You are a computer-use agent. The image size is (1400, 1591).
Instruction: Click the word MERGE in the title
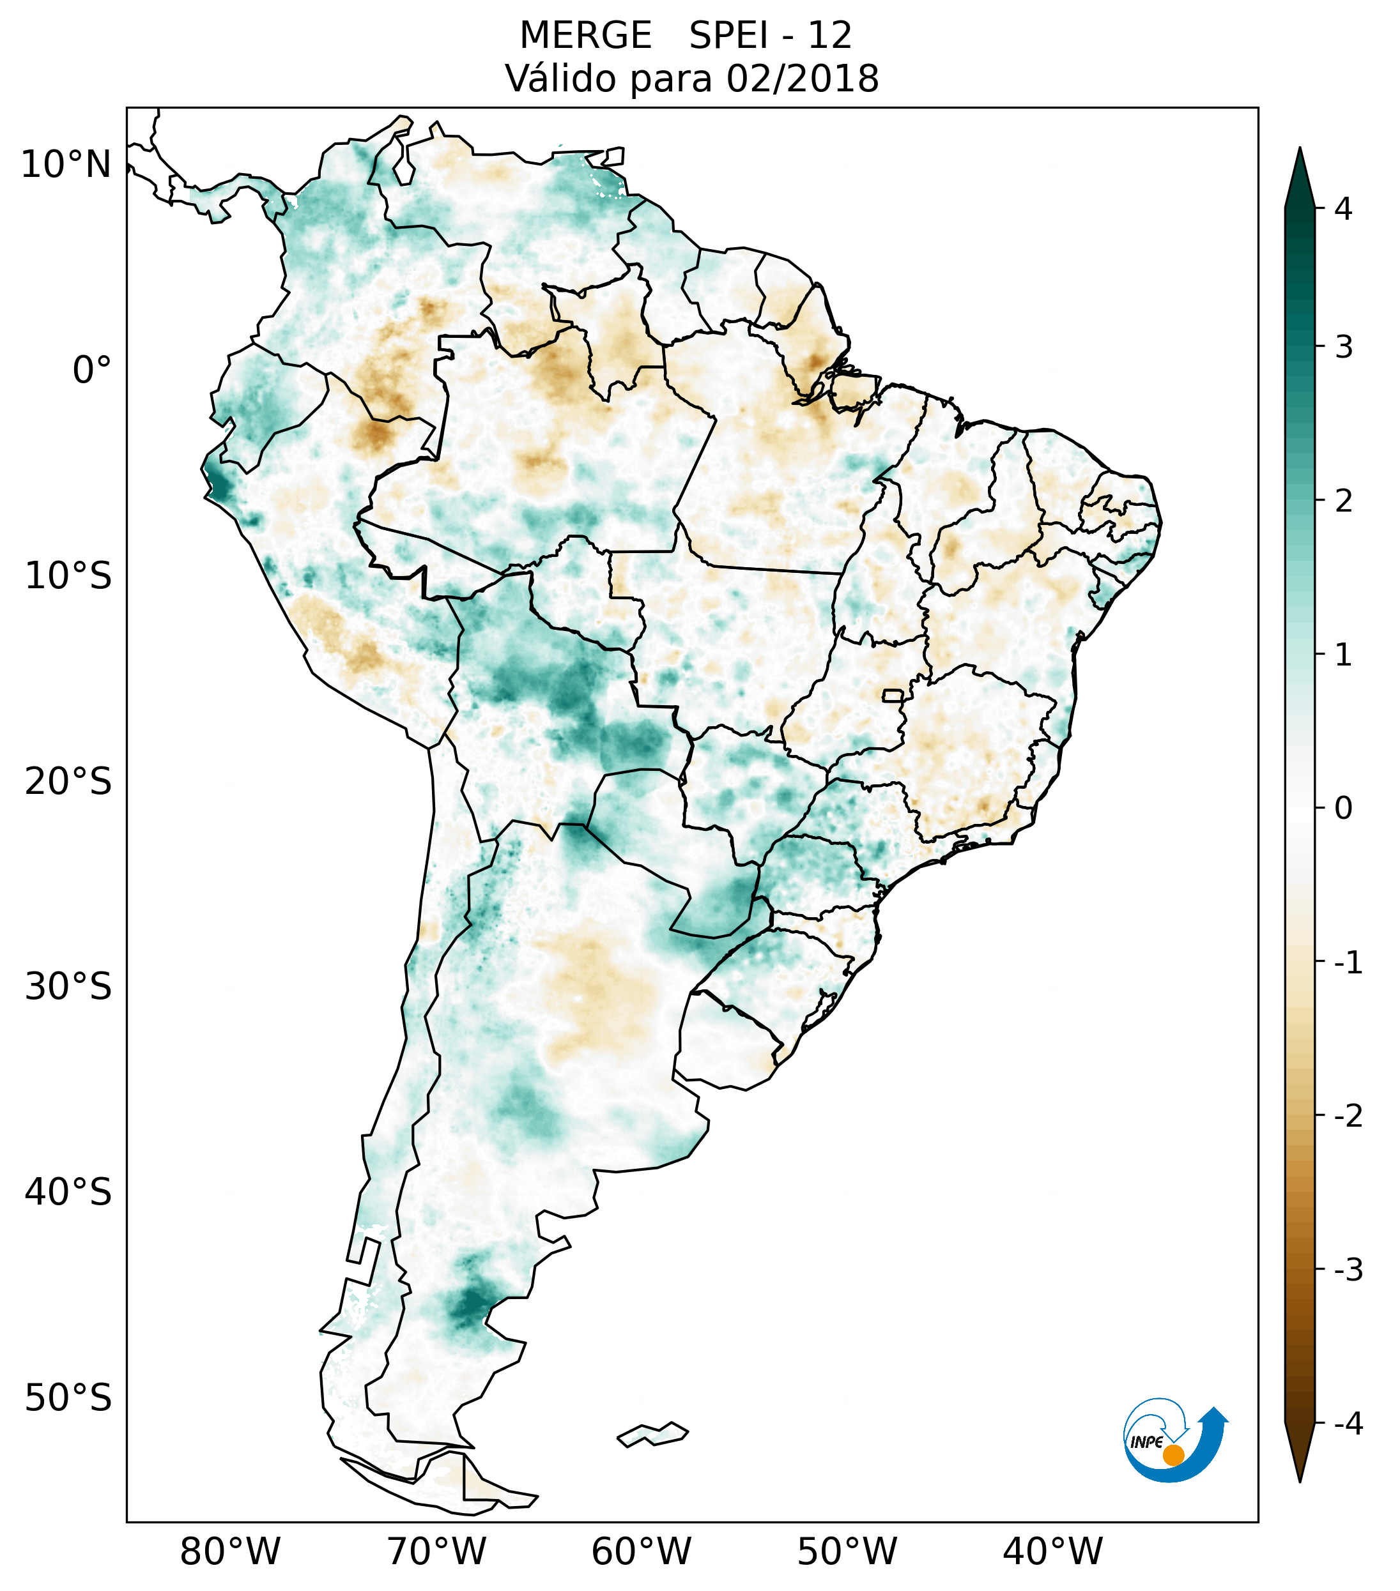click(585, 36)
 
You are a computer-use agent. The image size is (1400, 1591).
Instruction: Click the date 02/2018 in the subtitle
click(802, 79)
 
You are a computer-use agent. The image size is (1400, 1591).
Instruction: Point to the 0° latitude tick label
click(92, 370)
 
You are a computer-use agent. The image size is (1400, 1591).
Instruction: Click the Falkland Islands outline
click(652, 1434)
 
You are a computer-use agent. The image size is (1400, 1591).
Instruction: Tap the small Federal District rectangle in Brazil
click(892, 694)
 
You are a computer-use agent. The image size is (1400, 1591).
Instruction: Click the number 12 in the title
click(829, 36)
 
